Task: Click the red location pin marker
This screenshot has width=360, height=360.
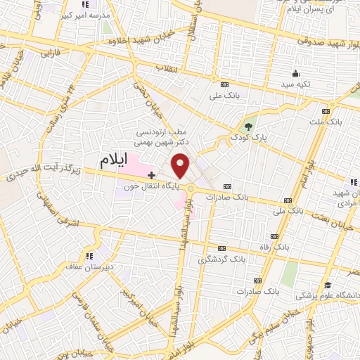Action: click(x=181, y=165)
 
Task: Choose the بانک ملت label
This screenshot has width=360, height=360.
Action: click(x=325, y=122)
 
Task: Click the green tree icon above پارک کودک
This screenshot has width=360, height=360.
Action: click(x=247, y=127)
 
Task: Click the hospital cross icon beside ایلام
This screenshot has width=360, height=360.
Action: click(x=151, y=174)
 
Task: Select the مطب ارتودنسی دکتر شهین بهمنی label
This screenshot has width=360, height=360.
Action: click(x=162, y=136)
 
